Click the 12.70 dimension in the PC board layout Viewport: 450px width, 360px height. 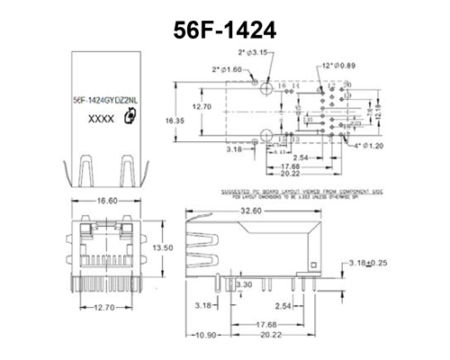click(203, 106)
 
